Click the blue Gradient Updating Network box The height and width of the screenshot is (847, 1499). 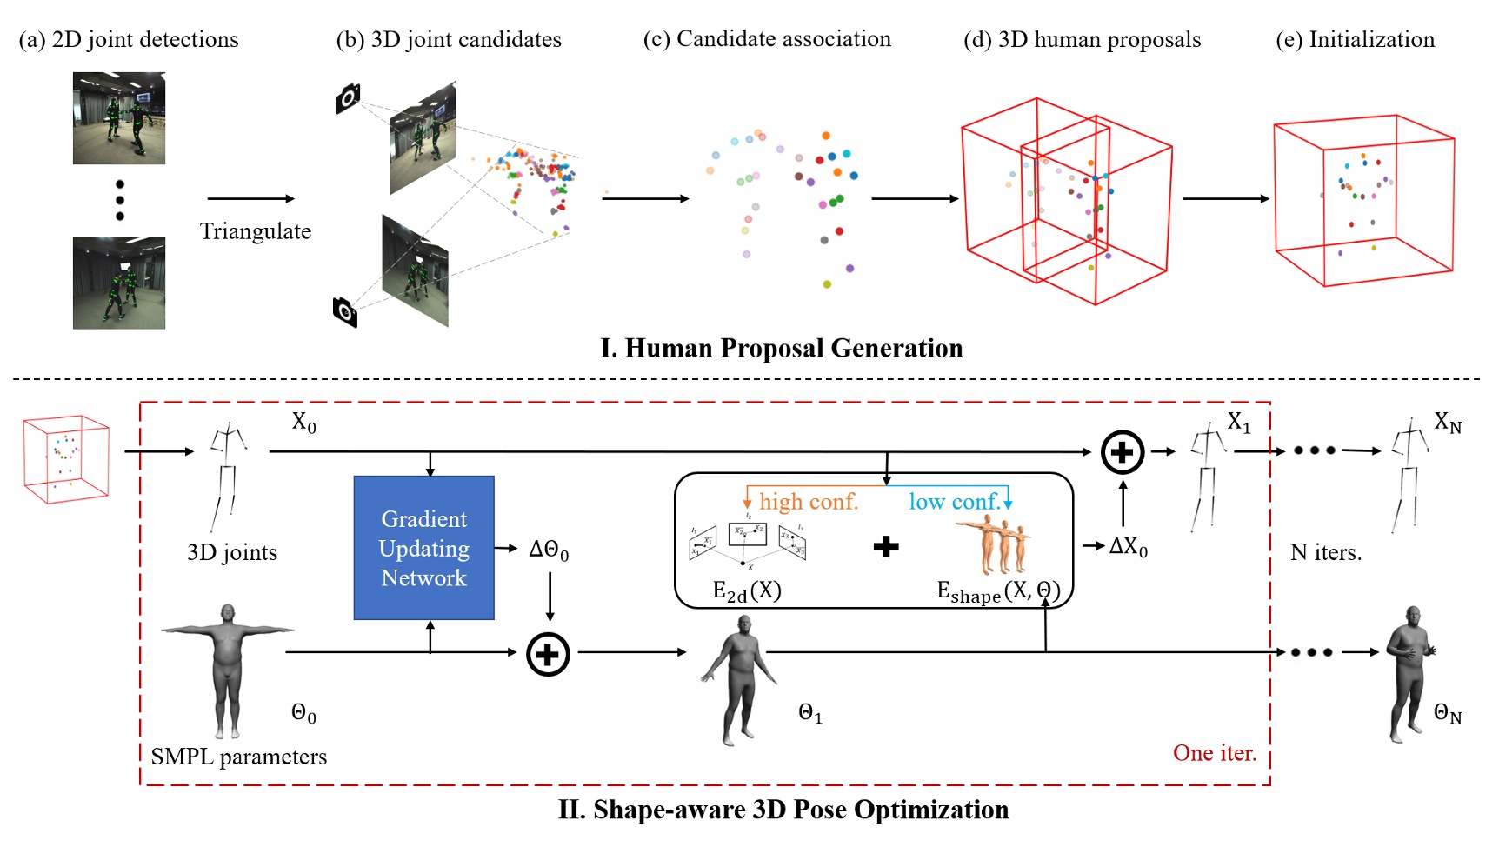pos(423,548)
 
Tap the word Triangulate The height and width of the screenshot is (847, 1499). pos(255,231)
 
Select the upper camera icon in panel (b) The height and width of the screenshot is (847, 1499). pos(348,98)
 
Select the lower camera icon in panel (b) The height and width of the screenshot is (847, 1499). pos(345,310)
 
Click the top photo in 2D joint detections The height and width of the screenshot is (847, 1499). pos(119,118)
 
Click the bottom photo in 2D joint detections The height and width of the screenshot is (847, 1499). pos(119,283)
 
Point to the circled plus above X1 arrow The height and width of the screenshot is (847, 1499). pos(1122,452)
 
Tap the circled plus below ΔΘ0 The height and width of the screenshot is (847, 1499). pos(548,654)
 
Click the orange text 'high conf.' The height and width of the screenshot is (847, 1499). pos(808,502)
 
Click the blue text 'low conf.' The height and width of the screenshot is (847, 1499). pos(954,502)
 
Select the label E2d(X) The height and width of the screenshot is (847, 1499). pos(746,591)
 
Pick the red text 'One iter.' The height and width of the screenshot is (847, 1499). pos(1214,753)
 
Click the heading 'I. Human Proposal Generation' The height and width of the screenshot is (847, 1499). pos(781,349)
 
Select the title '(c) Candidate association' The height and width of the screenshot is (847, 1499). pos(766,39)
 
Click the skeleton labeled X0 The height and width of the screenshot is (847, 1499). pos(228,474)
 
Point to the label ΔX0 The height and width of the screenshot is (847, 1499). pos(1128,546)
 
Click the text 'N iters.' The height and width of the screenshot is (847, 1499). pos(1325,552)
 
